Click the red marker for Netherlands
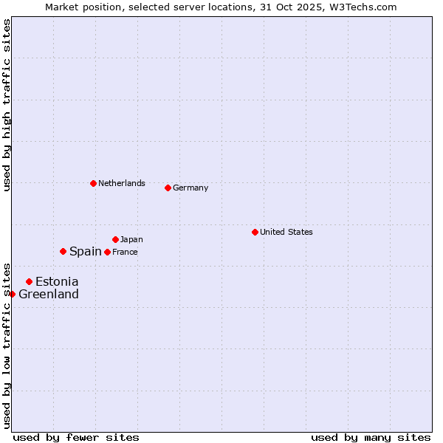tap(93, 183)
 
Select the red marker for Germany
tap(168, 188)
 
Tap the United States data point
tap(255, 232)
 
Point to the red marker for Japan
tap(115, 239)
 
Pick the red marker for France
tap(107, 252)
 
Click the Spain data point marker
tap(63, 251)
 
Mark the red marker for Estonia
tap(29, 281)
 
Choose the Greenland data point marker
tap(12, 294)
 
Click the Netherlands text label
tap(122, 183)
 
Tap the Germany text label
tap(190, 188)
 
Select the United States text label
tap(286, 232)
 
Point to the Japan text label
tap(131, 239)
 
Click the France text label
tap(125, 252)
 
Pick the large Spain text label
tap(86, 251)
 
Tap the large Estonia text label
tap(57, 281)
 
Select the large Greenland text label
tap(49, 294)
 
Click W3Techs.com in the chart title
tap(363, 7)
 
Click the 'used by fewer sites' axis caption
tap(76, 437)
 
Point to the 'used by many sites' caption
tap(371, 437)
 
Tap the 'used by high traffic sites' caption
tap(7, 105)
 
